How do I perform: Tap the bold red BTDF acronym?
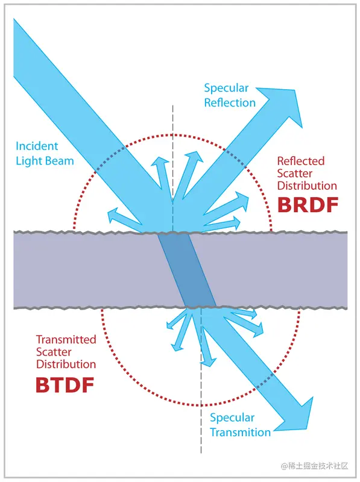(65, 384)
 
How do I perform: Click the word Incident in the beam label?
(37, 146)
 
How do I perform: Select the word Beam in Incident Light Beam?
(60, 160)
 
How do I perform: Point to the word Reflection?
(230, 102)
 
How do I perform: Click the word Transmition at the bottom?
(240, 432)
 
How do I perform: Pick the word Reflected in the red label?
(300, 161)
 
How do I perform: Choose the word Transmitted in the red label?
(66, 339)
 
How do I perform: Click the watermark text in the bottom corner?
(315, 465)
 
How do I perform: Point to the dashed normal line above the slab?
(173, 133)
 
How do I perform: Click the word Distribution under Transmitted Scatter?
(66, 364)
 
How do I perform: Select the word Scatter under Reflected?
(294, 174)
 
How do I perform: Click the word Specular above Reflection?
(227, 88)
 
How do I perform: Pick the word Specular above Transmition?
(232, 418)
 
